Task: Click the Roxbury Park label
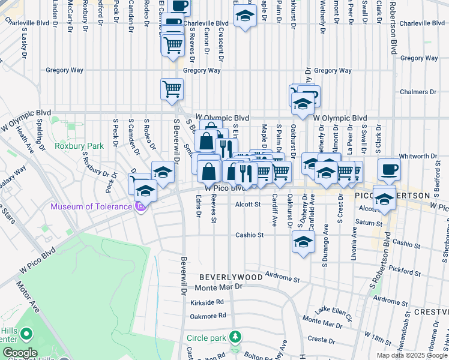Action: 79,146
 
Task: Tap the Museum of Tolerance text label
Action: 91,207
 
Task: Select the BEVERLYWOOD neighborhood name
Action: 231,277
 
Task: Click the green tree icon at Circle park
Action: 237,337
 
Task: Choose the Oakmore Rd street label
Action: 208,316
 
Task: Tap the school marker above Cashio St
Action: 303,242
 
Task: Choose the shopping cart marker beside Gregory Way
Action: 172,89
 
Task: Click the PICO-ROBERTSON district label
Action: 393,196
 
